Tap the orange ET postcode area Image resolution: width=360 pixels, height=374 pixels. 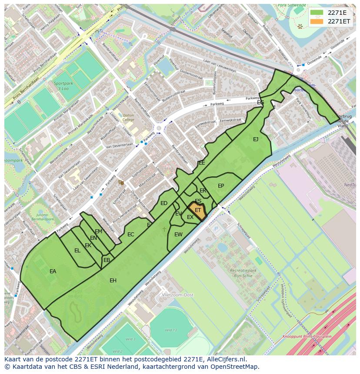(198, 210)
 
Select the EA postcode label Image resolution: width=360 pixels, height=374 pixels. (53, 271)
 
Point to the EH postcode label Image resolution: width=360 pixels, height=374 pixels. (113, 281)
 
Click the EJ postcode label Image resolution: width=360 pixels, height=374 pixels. (256, 139)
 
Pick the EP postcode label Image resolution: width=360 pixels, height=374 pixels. (221, 186)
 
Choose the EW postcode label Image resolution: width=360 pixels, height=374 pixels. (178, 235)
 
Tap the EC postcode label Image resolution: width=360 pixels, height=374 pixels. (131, 235)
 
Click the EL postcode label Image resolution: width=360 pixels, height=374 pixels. (77, 251)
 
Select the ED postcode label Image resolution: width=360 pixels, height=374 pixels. (164, 203)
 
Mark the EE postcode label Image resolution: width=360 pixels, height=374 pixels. (202, 163)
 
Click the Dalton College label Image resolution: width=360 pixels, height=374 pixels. (128, 117)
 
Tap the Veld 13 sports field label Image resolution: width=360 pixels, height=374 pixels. (171, 330)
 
